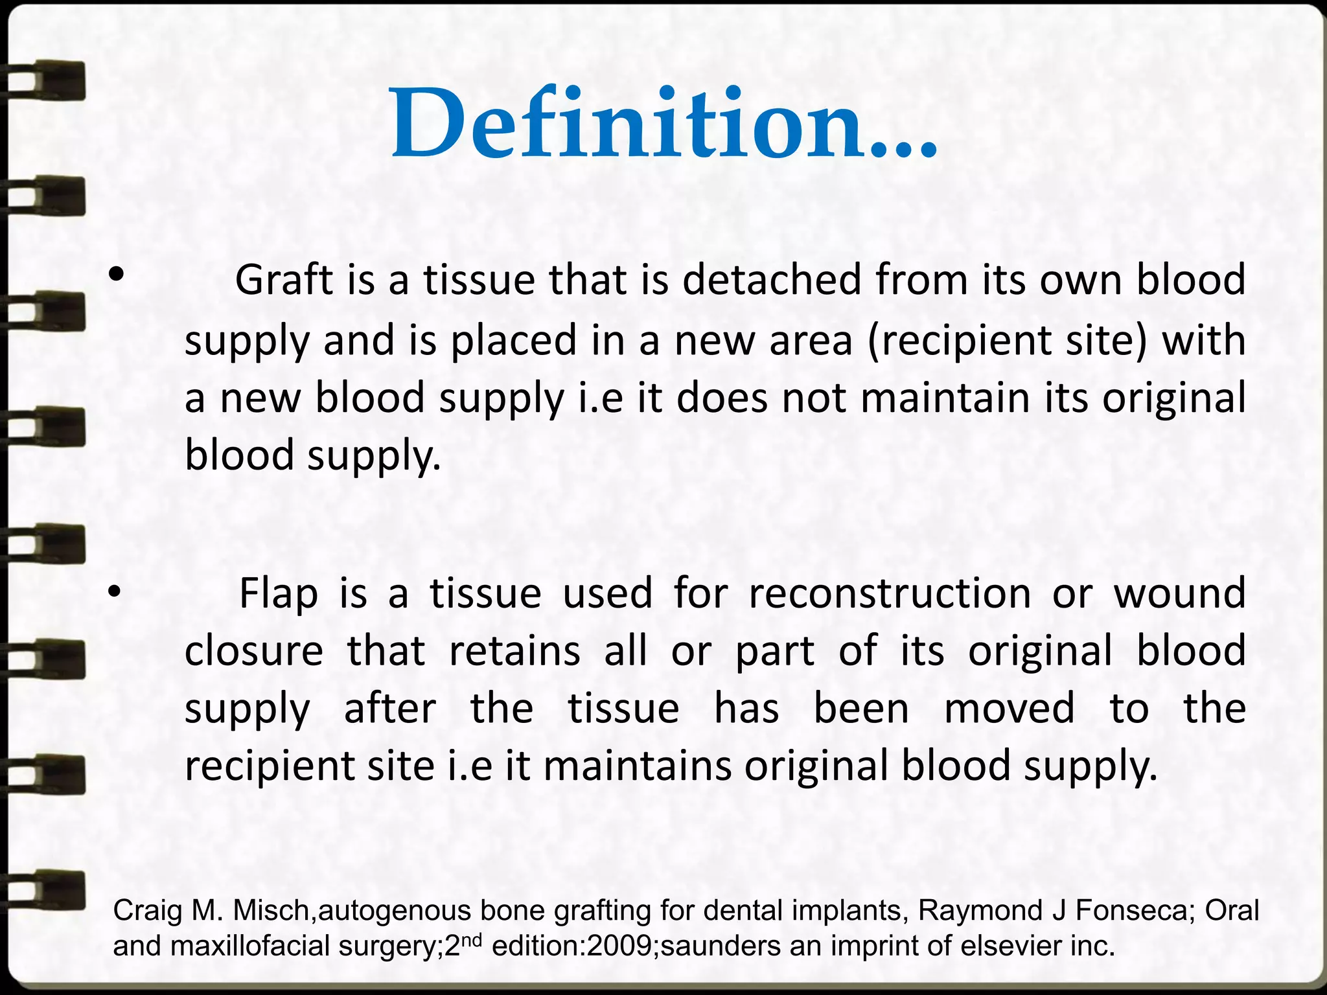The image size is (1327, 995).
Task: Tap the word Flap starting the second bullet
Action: coord(279,593)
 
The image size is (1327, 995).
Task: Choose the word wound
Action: coord(1180,593)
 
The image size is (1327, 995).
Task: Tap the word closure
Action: coord(254,651)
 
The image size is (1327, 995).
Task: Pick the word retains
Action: coord(514,651)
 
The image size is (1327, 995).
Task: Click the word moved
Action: coord(1010,708)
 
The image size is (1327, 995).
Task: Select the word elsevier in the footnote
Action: coord(1019,946)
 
